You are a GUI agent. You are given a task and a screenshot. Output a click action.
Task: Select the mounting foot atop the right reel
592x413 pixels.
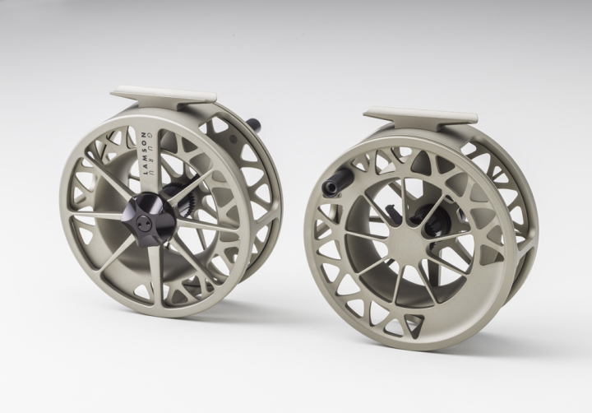(420, 115)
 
